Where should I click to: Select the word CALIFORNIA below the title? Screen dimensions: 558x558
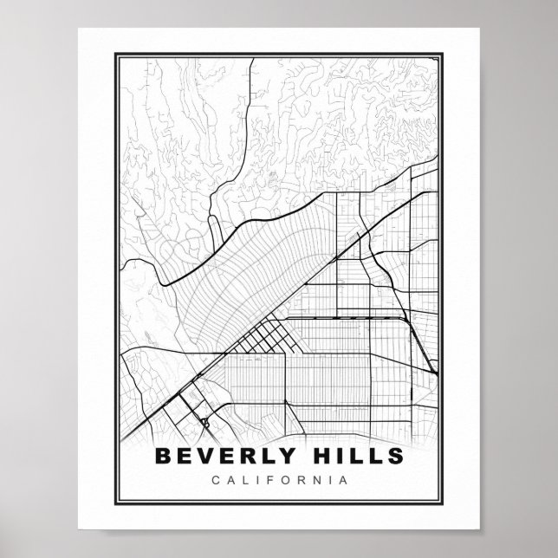click(x=278, y=478)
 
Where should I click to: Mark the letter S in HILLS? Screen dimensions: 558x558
click(x=394, y=455)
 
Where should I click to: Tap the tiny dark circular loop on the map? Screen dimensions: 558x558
click(x=205, y=423)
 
